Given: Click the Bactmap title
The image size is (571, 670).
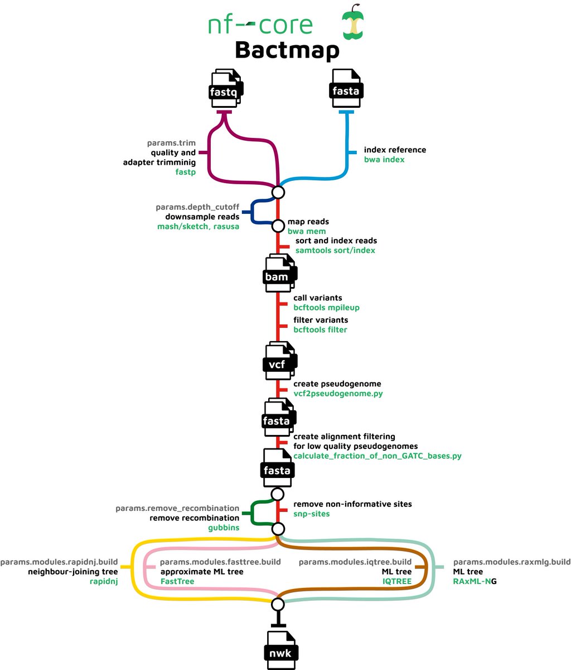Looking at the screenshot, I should [287, 50].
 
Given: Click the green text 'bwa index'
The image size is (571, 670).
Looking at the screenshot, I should [384, 160].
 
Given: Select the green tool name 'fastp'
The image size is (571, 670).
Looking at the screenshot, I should [185, 173].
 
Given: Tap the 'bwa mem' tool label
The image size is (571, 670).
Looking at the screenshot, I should [307, 231].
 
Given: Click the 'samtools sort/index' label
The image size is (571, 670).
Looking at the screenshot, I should [335, 250].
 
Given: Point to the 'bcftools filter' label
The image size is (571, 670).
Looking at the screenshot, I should [320, 330].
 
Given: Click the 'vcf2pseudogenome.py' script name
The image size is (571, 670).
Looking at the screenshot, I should [338, 394].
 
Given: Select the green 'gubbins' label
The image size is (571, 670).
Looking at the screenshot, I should [224, 528].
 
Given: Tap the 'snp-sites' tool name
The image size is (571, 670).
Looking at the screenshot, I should [311, 514].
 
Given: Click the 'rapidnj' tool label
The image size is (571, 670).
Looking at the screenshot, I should [104, 581].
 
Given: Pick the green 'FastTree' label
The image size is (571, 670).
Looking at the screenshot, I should [177, 581].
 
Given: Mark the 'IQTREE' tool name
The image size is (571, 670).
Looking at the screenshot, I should [396, 581].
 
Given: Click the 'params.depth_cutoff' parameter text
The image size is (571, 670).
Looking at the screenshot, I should [197, 207].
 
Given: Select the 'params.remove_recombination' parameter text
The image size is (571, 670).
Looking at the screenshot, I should [177, 509].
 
